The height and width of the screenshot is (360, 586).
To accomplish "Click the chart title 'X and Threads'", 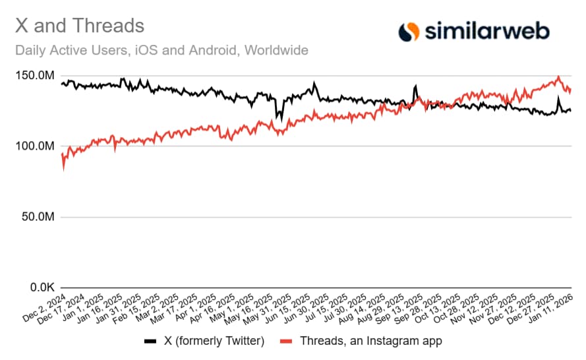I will click(79, 26).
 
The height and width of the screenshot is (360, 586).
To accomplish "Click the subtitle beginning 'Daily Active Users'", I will click(161, 50).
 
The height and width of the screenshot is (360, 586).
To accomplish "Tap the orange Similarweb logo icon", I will click(409, 30).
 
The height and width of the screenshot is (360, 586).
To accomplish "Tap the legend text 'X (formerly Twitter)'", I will click(214, 341).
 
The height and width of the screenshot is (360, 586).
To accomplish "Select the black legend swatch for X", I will click(150, 342).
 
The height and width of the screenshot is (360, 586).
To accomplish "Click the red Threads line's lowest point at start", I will click(63, 169).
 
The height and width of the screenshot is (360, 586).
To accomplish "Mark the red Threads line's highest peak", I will click(559, 77).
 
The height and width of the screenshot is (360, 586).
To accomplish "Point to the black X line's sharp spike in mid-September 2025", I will click(415, 86).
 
